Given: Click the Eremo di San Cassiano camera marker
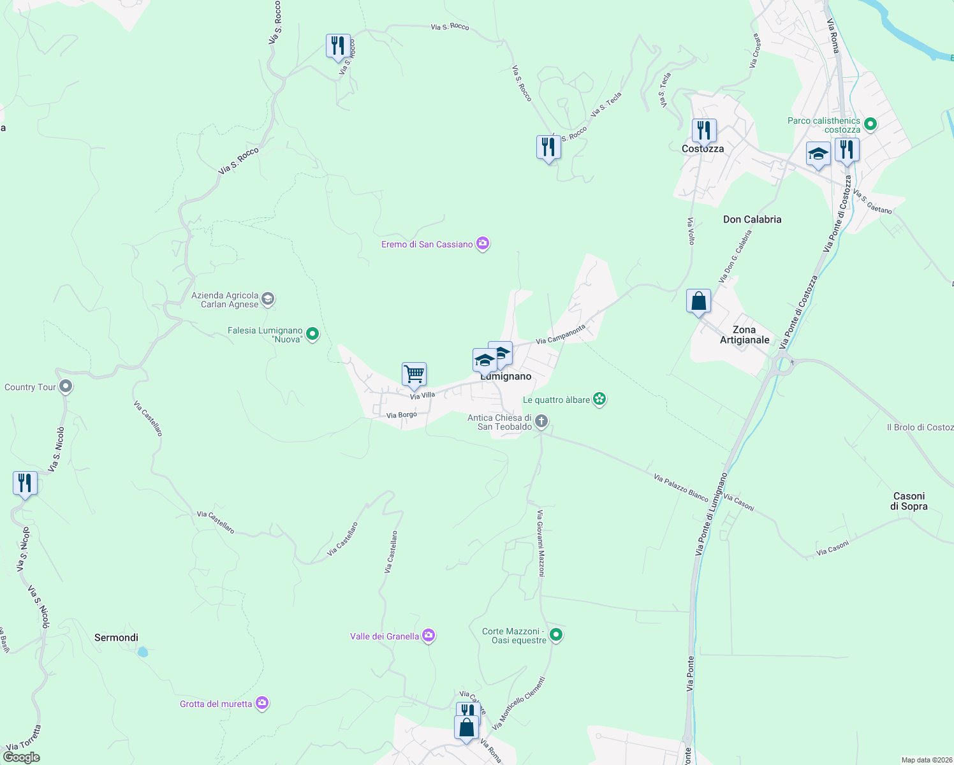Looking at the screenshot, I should click(483, 244).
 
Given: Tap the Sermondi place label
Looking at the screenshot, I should click(116, 637).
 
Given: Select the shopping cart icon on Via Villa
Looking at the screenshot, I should click(414, 374).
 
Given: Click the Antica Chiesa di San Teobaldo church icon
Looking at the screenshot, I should click(541, 421).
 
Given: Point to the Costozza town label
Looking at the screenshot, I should click(703, 149).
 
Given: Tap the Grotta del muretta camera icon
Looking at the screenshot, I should click(262, 703).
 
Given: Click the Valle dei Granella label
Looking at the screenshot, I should click(385, 636).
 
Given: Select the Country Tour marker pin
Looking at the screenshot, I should click(66, 386).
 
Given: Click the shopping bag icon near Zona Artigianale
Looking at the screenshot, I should click(698, 301).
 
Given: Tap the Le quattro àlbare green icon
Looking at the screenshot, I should click(599, 400).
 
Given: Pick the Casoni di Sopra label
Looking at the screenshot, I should click(909, 501).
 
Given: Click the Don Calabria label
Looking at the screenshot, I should click(752, 219).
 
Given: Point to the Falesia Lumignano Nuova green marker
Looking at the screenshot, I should click(312, 333).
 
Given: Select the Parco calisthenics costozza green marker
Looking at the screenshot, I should click(870, 124).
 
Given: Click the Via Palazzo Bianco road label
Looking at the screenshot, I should click(680, 487).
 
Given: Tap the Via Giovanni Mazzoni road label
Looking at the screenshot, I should click(541, 543).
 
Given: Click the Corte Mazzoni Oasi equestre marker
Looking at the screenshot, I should click(556, 635).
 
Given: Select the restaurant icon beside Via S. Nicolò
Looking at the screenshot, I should click(25, 483).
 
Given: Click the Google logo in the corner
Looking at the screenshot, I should click(21, 757).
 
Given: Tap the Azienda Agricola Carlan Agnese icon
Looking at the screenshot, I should click(268, 298).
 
